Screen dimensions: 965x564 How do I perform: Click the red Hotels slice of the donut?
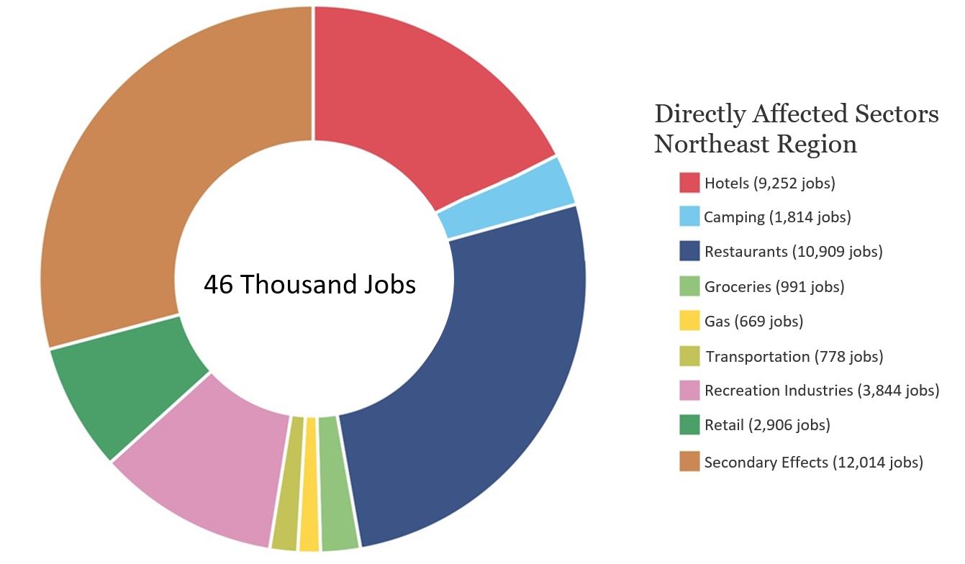pos(417,101)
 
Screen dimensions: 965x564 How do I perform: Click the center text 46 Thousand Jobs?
pos(310,285)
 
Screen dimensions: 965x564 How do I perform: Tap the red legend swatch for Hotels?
pos(689,183)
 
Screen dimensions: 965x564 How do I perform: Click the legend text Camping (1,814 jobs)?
pos(777,217)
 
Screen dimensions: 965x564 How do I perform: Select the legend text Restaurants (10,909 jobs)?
pos(793,252)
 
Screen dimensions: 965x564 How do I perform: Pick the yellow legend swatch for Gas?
pos(689,321)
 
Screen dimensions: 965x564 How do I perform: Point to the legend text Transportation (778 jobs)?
pos(794,356)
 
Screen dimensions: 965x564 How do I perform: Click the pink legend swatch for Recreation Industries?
pos(689,391)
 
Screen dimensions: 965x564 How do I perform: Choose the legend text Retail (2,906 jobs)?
pos(767,425)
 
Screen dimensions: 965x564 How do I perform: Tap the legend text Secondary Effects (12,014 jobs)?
pos(813,463)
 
